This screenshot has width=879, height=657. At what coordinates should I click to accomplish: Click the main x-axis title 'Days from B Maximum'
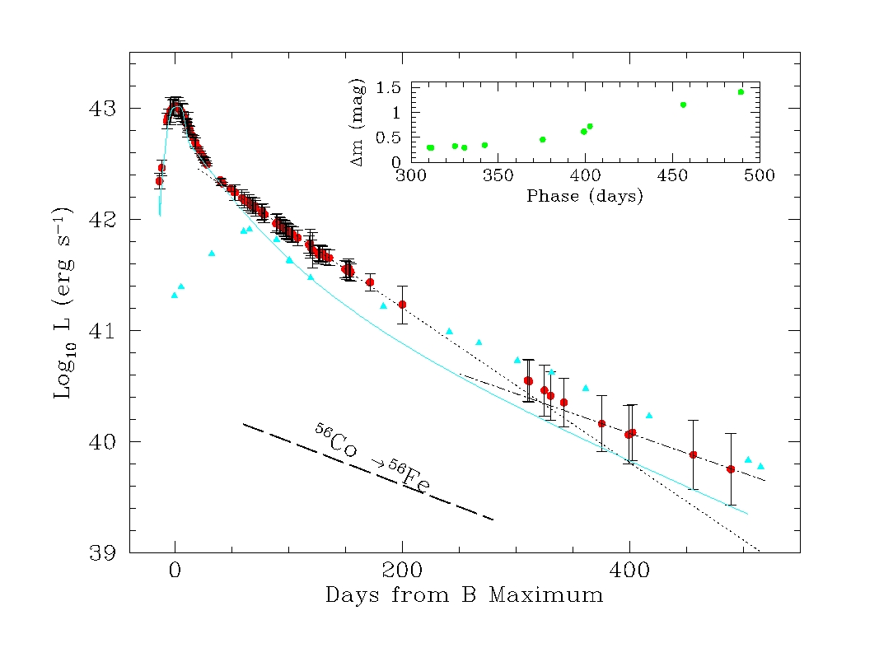click(464, 594)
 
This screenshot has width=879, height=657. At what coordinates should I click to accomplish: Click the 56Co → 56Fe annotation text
click(372, 459)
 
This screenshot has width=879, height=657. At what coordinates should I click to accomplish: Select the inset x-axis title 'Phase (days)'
click(585, 197)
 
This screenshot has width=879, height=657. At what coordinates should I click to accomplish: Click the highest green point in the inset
click(741, 92)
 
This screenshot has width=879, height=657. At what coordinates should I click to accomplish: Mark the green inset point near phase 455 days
click(683, 105)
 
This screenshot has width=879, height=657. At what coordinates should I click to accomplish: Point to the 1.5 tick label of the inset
click(389, 87)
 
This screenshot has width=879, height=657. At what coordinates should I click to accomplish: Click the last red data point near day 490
click(731, 468)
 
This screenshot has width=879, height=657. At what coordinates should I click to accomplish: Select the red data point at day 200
click(402, 305)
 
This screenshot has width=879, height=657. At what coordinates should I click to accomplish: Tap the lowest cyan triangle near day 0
click(174, 295)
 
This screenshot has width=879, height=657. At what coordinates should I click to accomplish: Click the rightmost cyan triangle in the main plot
click(760, 466)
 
